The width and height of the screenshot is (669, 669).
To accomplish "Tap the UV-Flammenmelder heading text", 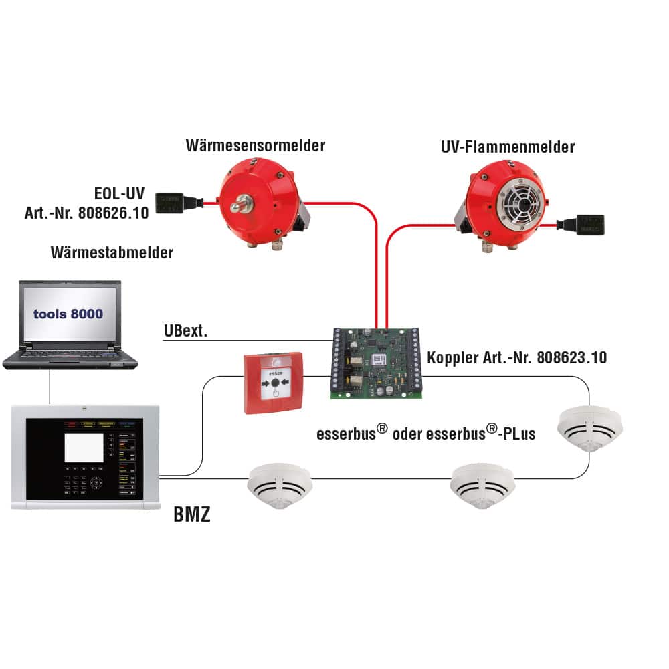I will click(508, 147).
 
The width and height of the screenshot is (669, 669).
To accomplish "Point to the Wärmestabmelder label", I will click(112, 252).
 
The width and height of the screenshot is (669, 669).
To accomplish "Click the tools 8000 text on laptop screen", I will click(69, 313).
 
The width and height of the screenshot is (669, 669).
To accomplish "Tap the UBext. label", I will click(185, 330).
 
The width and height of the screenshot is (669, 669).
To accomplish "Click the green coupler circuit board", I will click(375, 363).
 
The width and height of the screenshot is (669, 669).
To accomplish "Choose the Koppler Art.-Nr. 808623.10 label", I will click(517, 358).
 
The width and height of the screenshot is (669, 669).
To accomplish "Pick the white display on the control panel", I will click(84, 448).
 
